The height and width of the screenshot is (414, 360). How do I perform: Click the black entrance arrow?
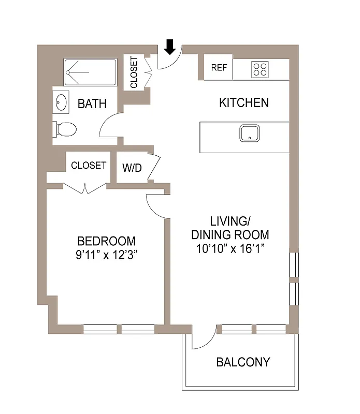170,47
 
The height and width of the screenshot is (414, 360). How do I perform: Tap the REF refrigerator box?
218,68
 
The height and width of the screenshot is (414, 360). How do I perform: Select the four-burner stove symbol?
260,69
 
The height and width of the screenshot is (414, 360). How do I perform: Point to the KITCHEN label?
243,102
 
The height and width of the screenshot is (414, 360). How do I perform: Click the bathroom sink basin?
62,102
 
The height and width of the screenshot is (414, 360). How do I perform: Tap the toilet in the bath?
65,129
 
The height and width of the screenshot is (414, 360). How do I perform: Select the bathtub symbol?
90,72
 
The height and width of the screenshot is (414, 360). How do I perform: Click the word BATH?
92,103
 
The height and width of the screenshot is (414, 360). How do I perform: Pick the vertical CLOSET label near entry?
134,72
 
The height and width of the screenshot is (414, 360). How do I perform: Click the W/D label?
132,168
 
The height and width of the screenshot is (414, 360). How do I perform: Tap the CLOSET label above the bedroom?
89,166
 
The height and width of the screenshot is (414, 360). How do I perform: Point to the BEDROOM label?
106,241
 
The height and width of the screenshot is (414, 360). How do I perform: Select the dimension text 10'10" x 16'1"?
230,248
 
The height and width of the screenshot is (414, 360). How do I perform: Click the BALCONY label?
243,362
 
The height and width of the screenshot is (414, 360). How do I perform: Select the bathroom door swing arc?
110,127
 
